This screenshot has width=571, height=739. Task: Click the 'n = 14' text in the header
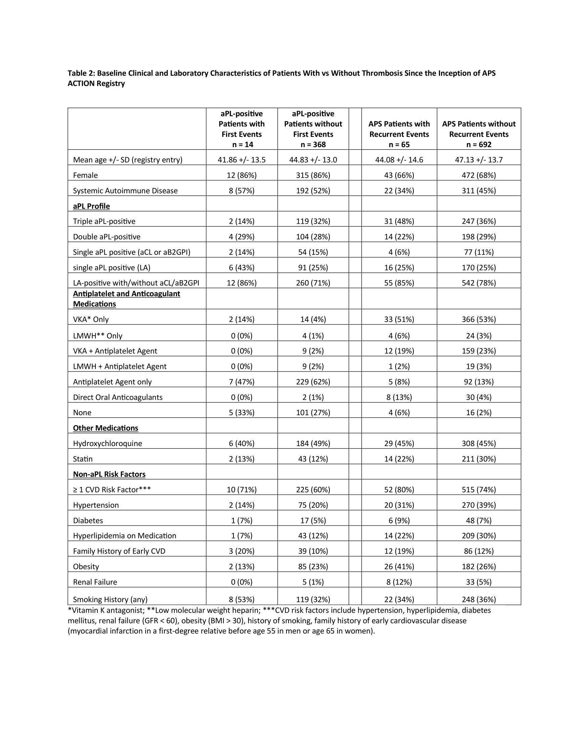pyautogui.click(x=241, y=144)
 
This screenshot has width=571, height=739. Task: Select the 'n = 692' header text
pyautogui.click(x=479, y=144)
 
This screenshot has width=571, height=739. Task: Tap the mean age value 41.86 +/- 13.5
pyautogui.click(x=241, y=160)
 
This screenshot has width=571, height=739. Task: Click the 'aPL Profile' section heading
pyautogui.click(x=91, y=206)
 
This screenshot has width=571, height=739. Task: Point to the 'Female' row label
pyautogui.click(x=85, y=175)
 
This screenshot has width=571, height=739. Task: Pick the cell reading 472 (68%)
pyautogui.click(x=479, y=175)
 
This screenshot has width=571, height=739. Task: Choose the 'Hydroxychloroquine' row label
pyautogui.click(x=107, y=443)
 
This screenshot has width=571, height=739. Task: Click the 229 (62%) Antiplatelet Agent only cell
pyautogui.click(x=313, y=382)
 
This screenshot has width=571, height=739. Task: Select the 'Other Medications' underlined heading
pyautogui.click(x=105, y=428)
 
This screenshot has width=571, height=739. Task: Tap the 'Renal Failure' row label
pyautogui.click(x=95, y=582)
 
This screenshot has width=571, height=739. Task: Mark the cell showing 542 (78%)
pyautogui.click(x=479, y=283)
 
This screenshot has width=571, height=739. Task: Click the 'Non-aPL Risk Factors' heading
pyautogui.click(x=109, y=474)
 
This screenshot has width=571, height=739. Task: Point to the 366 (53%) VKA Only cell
pyautogui.click(x=479, y=319)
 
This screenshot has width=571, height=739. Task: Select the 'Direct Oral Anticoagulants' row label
pyautogui.click(x=118, y=397)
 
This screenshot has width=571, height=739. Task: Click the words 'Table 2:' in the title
pyautogui.click(x=81, y=73)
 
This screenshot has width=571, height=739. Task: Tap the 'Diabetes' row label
pyautogui.click(x=88, y=520)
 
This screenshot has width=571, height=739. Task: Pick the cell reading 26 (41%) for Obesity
pyautogui.click(x=399, y=566)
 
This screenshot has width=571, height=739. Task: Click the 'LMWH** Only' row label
pyautogui.click(x=97, y=336)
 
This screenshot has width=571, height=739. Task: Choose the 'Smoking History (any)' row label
pyautogui.click(x=110, y=600)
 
